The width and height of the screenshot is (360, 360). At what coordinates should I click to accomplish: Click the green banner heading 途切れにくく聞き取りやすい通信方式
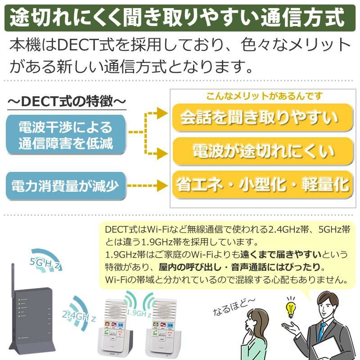coord(180,18)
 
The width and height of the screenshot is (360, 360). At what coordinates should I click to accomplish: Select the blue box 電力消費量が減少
coord(66,186)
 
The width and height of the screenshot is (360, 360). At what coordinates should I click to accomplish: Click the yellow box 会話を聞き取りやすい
coord(262,117)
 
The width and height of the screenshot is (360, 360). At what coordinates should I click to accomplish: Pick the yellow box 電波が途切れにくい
coord(262,151)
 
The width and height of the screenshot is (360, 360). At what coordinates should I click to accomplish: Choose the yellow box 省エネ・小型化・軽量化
coord(262,184)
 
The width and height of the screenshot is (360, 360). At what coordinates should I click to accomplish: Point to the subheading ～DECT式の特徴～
coord(67,101)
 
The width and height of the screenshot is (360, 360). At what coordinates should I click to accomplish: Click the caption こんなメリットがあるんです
coord(265,96)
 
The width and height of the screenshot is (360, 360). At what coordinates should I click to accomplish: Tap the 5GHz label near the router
coord(45,264)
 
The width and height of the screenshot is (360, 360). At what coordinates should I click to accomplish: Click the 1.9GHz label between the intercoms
coord(139,313)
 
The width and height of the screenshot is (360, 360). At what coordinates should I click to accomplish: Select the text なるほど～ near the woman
coord(234,306)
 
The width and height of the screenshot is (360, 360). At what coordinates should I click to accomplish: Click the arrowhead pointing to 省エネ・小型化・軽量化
coord(162,185)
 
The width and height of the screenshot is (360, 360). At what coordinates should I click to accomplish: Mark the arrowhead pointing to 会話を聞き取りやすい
coord(162,113)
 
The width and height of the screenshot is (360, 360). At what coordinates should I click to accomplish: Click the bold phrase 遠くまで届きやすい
coord(281,254)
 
